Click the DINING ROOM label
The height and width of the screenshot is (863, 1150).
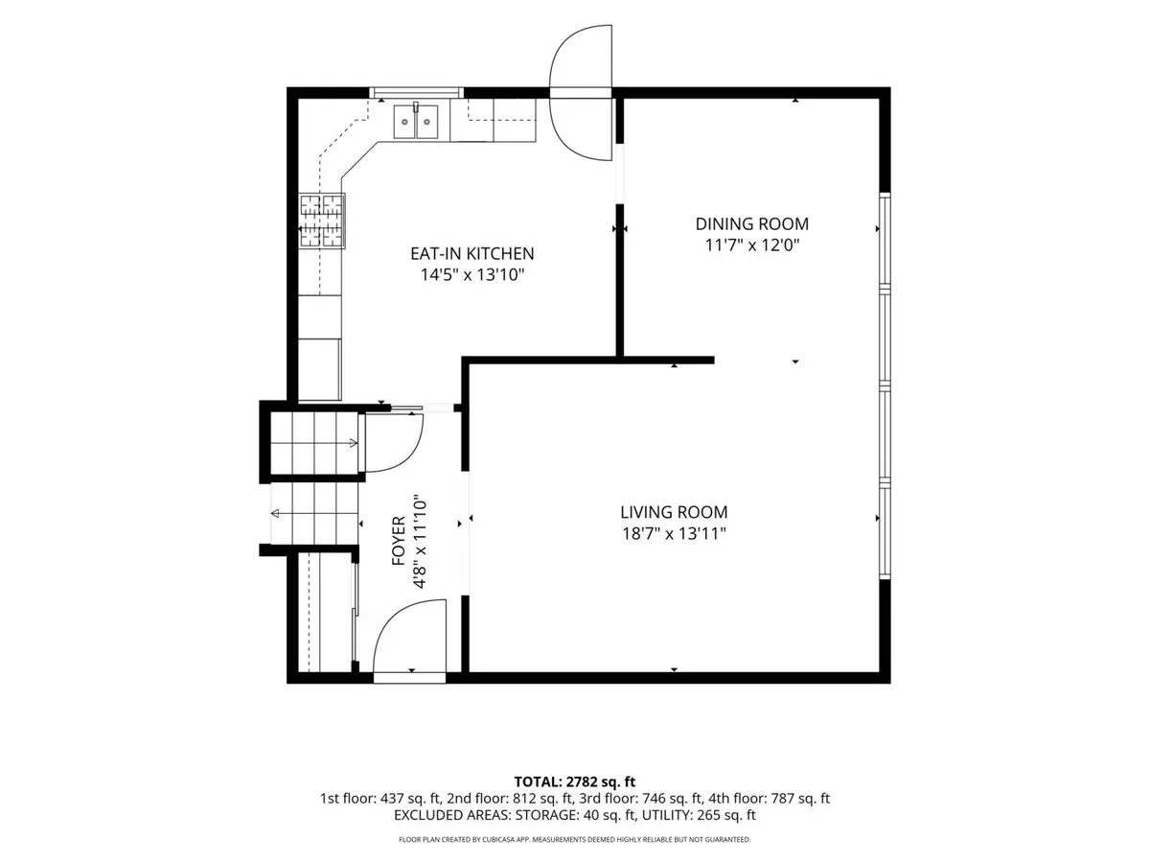tap(752, 223)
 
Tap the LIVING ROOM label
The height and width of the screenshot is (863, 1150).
tap(674, 512)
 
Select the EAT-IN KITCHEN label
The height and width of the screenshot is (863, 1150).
tap(472, 253)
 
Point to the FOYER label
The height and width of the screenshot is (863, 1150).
tap(399, 541)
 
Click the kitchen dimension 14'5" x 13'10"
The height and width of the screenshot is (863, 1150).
tap(472, 274)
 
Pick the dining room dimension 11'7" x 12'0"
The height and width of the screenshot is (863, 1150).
tap(752, 245)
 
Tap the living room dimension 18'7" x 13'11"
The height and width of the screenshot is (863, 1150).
tap(674, 533)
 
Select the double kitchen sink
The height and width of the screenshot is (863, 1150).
tap(416, 121)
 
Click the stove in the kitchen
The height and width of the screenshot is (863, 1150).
tap(322, 221)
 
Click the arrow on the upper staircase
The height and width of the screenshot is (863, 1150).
tap(314, 443)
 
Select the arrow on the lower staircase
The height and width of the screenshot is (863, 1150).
tap(314, 513)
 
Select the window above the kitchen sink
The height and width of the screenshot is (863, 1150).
tap(417, 93)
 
